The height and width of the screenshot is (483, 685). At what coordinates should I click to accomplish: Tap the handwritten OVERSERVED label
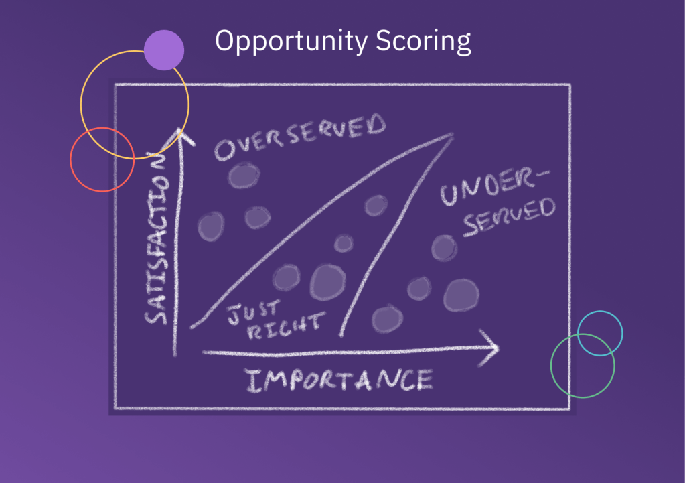pyautogui.click(x=300, y=139)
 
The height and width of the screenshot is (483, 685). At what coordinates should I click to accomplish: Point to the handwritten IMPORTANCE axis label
pyautogui.click(x=339, y=381)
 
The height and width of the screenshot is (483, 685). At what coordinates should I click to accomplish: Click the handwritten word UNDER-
pyautogui.click(x=495, y=188)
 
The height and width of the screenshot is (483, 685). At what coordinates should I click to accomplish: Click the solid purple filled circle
pyautogui.click(x=164, y=50)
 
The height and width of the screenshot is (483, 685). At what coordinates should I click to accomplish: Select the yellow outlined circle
pyautogui.click(x=135, y=104)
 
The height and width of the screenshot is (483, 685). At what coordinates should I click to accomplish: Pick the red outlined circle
pyautogui.click(x=102, y=159)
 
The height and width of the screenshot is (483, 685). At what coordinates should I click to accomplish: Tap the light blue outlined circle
pyautogui.click(x=600, y=333)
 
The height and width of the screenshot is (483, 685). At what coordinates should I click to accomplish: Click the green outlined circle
pyautogui.click(x=583, y=365)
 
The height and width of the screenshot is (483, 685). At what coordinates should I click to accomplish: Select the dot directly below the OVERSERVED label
pyautogui.click(x=243, y=176)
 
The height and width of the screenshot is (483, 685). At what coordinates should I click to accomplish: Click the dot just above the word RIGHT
pyautogui.click(x=286, y=277)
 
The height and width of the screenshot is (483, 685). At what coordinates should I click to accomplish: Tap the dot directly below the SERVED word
pyautogui.click(x=443, y=248)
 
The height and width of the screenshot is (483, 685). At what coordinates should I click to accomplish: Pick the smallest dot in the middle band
pyautogui.click(x=344, y=243)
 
